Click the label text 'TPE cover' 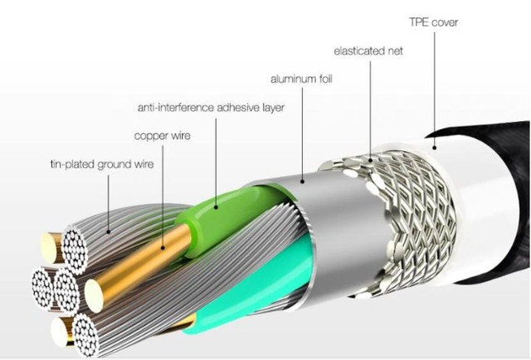433,22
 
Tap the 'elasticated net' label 368,51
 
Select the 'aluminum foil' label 301,80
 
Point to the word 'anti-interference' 176,108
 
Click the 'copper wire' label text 163,136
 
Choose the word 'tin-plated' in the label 72,164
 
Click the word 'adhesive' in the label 238,108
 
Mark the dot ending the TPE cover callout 434,148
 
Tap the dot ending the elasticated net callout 371,160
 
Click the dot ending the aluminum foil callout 302,182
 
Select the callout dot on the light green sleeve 216,207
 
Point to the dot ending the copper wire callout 163,248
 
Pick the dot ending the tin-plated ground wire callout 109,232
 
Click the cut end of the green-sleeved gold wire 94,295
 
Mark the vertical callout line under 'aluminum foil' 302,134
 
